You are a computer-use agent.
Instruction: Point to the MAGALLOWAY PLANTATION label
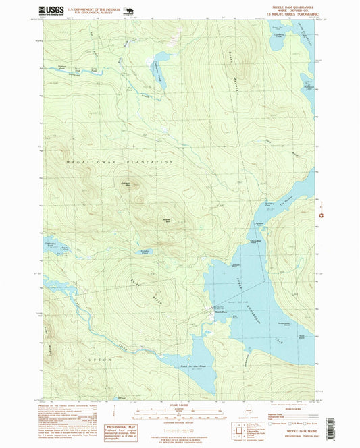pos(120,162)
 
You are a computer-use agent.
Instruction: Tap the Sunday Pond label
pos(144,252)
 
